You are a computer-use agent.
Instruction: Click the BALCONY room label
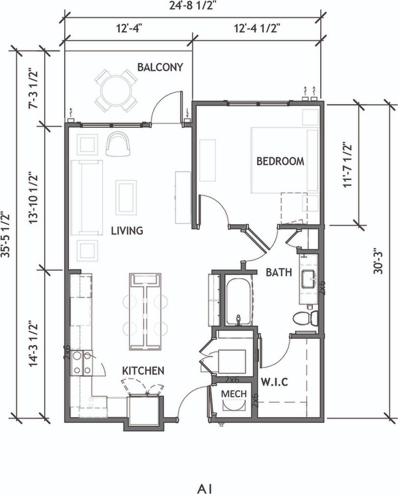(x=160, y=67)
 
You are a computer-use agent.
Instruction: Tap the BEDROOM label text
(x=280, y=161)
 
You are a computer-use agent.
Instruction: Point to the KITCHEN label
(x=143, y=371)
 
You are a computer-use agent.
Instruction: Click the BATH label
(x=279, y=272)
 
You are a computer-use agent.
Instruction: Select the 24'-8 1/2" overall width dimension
(x=193, y=6)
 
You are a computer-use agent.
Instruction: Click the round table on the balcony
(x=116, y=90)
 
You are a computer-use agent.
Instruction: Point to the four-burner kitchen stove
(x=81, y=363)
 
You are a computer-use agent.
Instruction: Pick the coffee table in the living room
(x=126, y=197)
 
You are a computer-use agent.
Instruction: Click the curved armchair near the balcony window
(x=118, y=143)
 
